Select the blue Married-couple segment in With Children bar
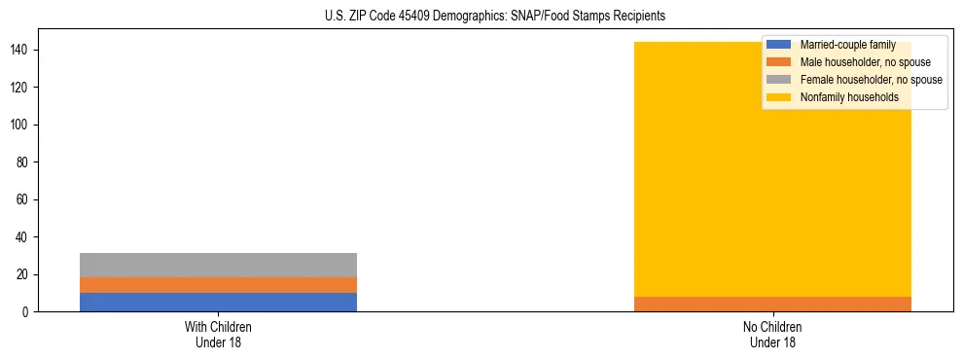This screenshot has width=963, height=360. [218, 302]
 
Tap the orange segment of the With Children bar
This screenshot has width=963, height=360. [218, 285]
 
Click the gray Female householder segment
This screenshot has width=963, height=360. [218, 265]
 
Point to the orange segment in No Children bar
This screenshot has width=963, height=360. [772, 304]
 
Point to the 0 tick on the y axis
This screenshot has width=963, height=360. [27, 311]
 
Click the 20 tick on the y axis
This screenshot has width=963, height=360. [24, 274]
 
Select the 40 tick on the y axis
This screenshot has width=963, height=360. [24, 237]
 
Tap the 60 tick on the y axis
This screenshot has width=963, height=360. [24, 199]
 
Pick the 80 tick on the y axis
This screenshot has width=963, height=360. [24, 162]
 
